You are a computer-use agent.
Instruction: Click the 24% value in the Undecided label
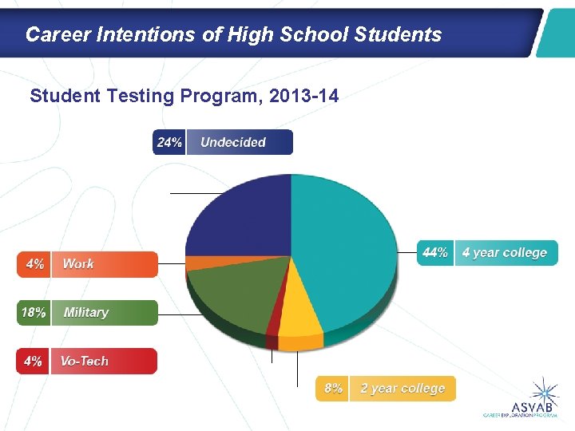(169, 143)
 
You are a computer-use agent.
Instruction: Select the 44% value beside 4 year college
(435, 253)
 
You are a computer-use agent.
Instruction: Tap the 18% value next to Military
(34, 313)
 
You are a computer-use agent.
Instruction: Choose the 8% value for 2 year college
(333, 389)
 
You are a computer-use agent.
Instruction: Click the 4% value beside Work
(35, 264)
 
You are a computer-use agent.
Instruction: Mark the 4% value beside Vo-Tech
(33, 362)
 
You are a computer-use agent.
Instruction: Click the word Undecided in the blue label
(233, 143)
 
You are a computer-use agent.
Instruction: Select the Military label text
(85, 313)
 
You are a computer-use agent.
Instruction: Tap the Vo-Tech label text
(84, 362)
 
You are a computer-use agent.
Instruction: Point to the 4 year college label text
(505, 253)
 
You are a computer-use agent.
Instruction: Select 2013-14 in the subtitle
(304, 97)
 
